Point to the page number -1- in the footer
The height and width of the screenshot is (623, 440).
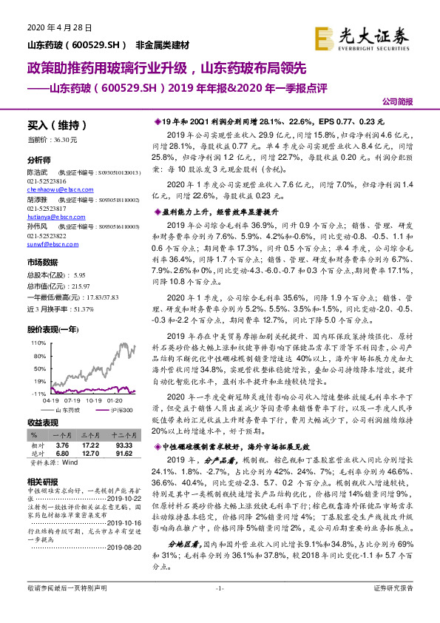tap(220, 607)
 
